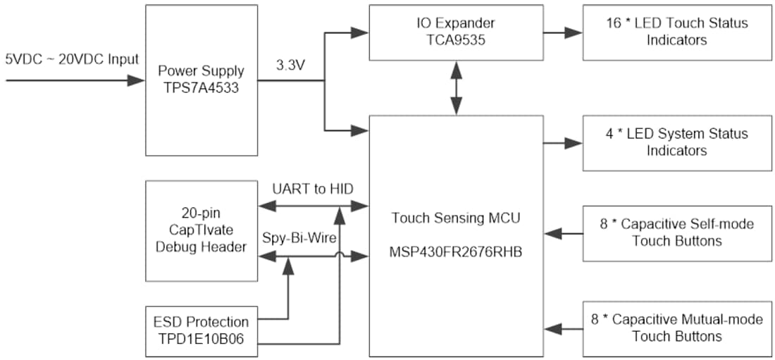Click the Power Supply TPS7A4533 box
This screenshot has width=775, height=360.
[x=201, y=80]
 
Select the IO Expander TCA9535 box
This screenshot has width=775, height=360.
[x=456, y=32]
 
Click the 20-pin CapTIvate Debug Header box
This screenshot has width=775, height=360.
[x=201, y=231]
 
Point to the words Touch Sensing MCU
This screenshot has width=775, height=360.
[x=456, y=218]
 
